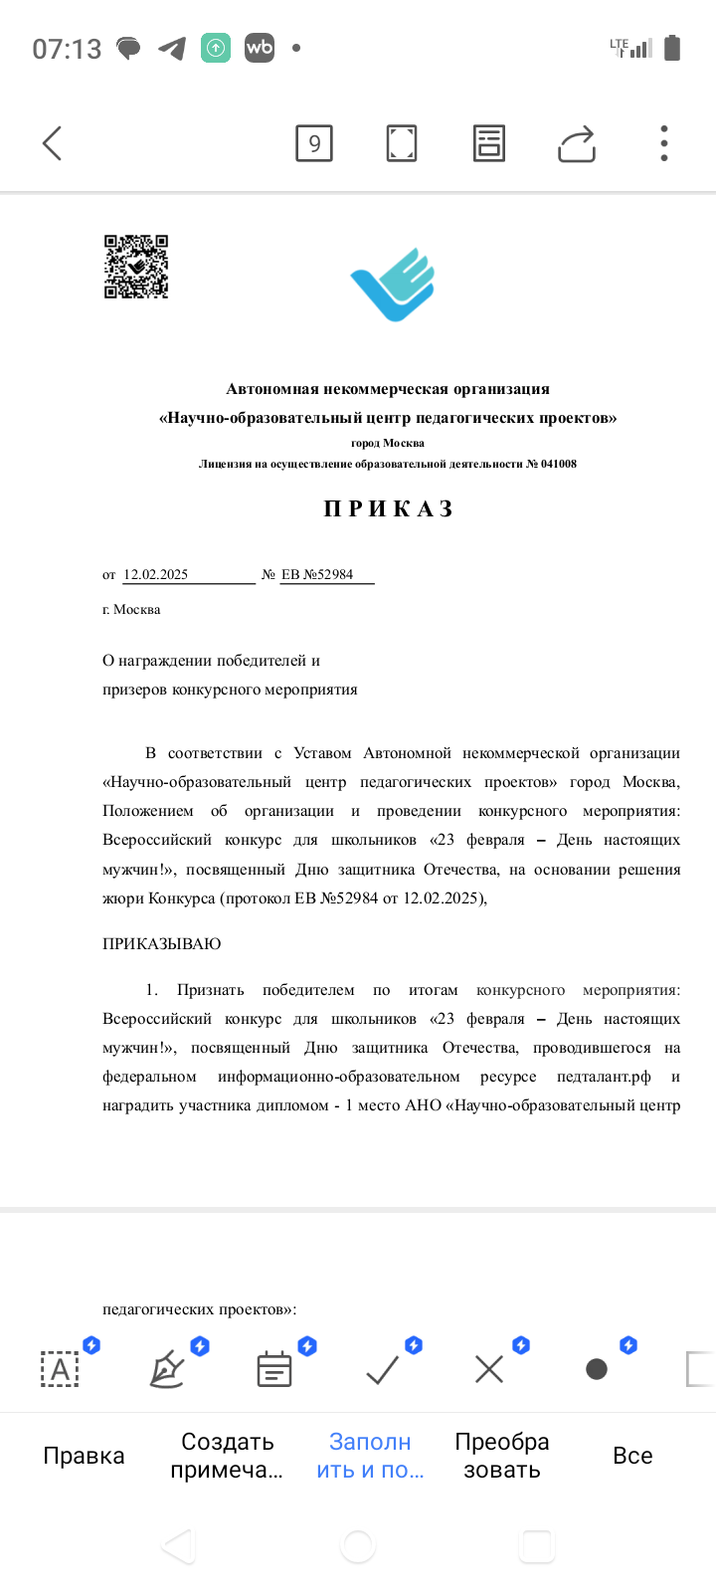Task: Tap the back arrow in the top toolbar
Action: pyautogui.click(x=53, y=143)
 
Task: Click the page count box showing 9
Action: pyautogui.click(x=314, y=143)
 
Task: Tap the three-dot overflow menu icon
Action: pyautogui.click(x=664, y=143)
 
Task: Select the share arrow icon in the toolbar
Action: pyautogui.click(x=577, y=143)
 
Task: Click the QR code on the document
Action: pyautogui.click(x=136, y=267)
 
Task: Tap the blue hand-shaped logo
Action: pyautogui.click(x=394, y=285)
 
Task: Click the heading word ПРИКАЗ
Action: pyautogui.click(x=389, y=509)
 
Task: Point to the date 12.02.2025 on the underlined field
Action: pyautogui.click(x=156, y=574)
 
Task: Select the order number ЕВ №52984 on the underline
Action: pyautogui.click(x=317, y=574)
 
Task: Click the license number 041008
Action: pyautogui.click(x=558, y=464)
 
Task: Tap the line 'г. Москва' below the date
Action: pyautogui.click(x=131, y=609)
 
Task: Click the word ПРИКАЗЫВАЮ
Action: pyautogui.click(x=162, y=943)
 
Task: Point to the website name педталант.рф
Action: pyautogui.click(x=604, y=1077)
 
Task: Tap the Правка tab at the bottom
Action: pyautogui.click(x=84, y=1456)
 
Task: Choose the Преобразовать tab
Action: pyautogui.click(x=502, y=1456)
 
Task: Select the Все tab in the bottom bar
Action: pyautogui.click(x=632, y=1456)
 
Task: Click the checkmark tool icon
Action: pyautogui.click(x=383, y=1370)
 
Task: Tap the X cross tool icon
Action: pyautogui.click(x=489, y=1370)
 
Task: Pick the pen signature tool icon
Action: pyautogui.click(x=167, y=1370)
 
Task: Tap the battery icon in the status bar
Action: pyautogui.click(x=672, y=48)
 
